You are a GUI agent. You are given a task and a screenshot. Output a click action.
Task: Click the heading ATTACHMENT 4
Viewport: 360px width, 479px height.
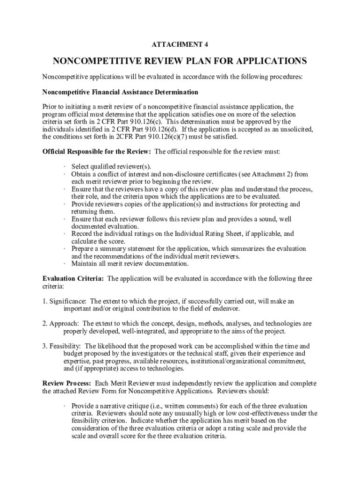[180, 44]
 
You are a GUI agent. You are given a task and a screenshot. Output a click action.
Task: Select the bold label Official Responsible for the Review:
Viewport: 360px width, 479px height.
[97, 152]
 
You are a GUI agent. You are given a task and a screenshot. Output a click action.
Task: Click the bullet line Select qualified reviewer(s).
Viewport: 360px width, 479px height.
[111, 167]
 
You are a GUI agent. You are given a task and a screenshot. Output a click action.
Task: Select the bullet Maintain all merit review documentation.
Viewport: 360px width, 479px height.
[130, 264]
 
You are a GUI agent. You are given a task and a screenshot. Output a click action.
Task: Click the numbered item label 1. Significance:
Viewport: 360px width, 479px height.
[65, 301]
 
